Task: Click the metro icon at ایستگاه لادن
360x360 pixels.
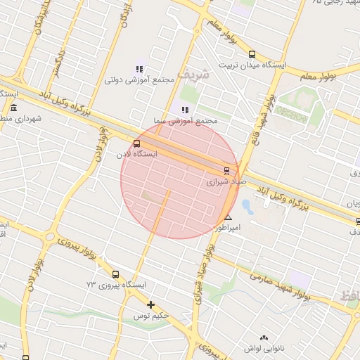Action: click(136, 143)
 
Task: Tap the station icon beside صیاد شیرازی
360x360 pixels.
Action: click(226, 170)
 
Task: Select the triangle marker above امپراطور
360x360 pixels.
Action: click(228, 218)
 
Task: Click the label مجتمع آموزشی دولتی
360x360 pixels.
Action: click(139, 79)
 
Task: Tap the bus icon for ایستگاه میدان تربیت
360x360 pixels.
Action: click(252, 54)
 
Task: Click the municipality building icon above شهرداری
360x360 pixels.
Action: click(14, 108)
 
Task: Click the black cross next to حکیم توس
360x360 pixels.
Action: click(150, 304)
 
